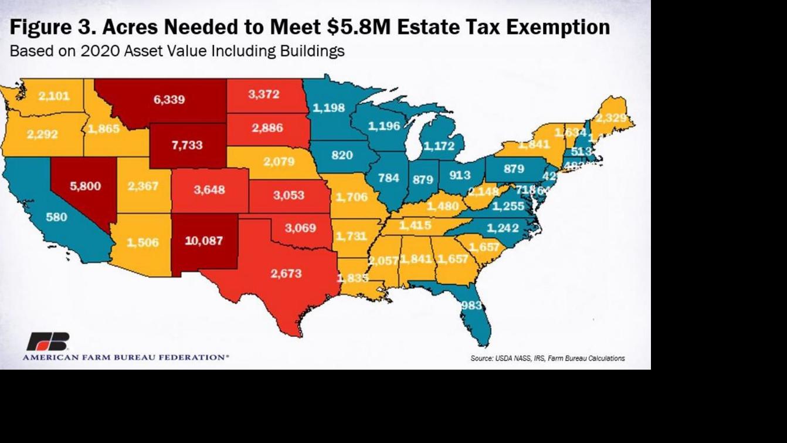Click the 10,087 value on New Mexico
(203, 241)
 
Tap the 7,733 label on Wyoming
(187, 146)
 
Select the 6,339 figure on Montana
(169, 100)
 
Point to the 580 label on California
(56, 217)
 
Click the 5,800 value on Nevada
(85, 187)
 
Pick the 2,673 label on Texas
(286, 273)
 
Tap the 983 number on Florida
(471, 305)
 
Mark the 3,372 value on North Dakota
(263, 94)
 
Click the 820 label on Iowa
(342, 155)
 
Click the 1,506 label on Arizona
(143, 243)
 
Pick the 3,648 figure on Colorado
(209, 190)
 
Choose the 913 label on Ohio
(460, 175)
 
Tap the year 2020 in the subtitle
(100, 51)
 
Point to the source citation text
(547, 358)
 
